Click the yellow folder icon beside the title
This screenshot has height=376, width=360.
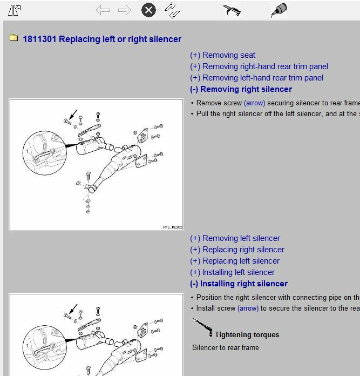point(14,38)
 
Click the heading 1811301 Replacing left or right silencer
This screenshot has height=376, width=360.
point(102,39)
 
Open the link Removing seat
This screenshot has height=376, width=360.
point(222,55)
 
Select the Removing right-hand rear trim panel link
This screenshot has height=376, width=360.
point(259,66)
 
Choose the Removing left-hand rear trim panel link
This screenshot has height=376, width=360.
point(256,78)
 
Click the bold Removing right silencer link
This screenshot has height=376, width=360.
point(241,89)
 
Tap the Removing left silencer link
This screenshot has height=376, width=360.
point(235,238)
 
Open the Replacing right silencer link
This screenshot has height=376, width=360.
point(237,250)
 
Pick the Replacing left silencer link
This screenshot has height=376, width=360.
point(235,261)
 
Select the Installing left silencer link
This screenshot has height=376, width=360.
point(232,272)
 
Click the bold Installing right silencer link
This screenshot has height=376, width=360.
point(239,284)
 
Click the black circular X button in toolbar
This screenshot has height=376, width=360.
point(148,10)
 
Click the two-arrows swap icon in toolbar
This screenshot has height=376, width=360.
point(172,10)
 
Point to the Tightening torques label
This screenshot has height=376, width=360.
point(247,334)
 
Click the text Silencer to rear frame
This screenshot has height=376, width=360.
point(226,347)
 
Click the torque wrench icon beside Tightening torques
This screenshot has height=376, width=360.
point(202,327)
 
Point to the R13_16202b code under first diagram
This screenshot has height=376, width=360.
point(172,227)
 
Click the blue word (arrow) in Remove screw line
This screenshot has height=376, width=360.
point(255,103)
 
